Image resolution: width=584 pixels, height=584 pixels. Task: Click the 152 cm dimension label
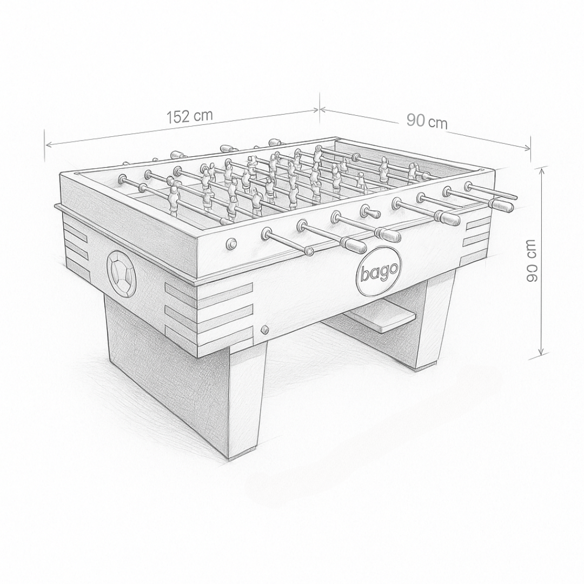click(190, 116)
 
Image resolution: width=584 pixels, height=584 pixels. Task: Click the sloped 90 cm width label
click(427, 121)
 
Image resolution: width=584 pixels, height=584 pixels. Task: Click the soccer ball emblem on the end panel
click(122, 274)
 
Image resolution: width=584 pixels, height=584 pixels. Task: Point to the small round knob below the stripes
click(265, 329)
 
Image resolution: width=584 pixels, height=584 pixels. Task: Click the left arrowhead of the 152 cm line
click(48, 144)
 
